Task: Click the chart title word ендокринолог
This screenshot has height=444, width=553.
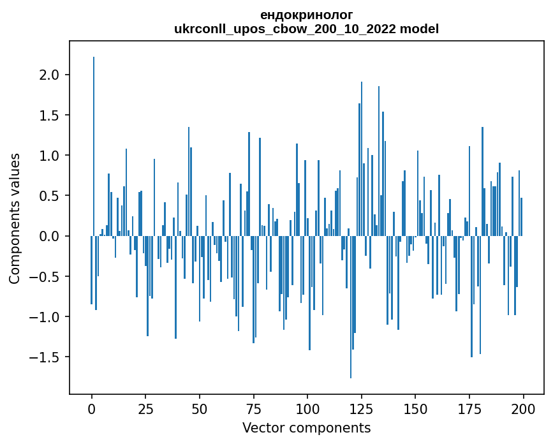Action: coord(306,15)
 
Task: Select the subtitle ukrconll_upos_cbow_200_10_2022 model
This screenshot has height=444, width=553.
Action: coord(306,29)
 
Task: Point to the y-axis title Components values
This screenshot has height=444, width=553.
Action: coord(14,218)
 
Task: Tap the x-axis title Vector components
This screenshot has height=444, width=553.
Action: coord(306,427)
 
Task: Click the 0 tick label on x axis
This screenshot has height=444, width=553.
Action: coord(92,408)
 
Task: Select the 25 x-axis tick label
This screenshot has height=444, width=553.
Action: coord(145,408)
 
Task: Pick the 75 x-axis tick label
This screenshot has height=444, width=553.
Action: coord(254,408)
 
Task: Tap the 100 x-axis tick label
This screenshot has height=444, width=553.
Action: coord(307,408)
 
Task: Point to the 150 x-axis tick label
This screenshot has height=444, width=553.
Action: coord(415,408)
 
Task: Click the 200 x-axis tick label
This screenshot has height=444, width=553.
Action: coord(523,408)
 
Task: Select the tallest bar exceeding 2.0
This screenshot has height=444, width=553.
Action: coord(94,147)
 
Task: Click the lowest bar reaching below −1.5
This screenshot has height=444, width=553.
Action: coord(351,306)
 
